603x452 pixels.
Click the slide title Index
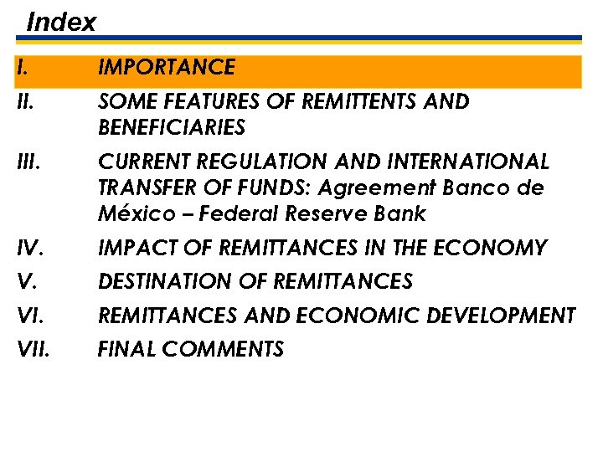(61, 23)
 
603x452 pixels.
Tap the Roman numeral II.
(25, 102)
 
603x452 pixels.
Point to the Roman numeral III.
(28, 161)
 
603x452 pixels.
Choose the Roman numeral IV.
(29, 249)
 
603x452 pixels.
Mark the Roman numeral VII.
(33, 349)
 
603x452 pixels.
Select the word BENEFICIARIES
(172, 128)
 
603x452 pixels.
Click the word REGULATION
(262, 161)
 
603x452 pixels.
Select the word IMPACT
(132, 249)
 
